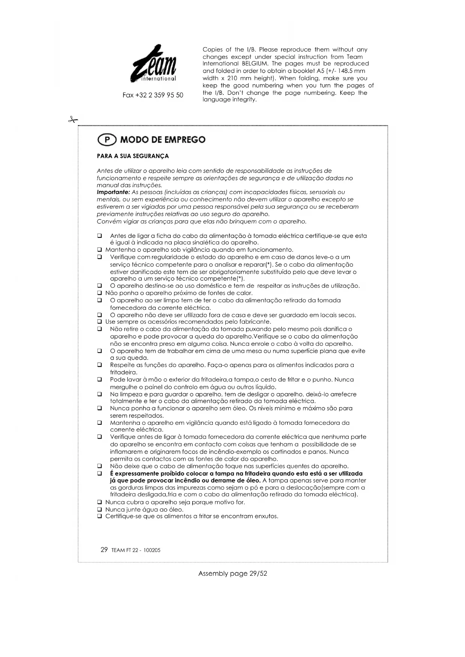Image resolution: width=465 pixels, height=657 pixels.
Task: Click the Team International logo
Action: pos(153,64)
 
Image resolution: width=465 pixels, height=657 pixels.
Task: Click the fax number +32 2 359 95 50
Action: pos(153,95)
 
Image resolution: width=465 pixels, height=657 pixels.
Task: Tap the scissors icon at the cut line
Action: pos(73,120)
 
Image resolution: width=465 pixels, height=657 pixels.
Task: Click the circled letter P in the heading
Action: pos(107,140)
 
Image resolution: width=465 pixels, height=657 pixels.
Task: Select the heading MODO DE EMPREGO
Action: pos(163,140)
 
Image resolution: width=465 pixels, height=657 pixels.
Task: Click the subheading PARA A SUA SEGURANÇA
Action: pos(133,156)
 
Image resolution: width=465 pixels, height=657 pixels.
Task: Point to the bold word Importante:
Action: pos(113,193)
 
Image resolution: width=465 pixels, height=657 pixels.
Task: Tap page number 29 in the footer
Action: pos(104,549)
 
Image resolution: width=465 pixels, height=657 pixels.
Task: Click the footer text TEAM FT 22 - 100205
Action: pos(136,550)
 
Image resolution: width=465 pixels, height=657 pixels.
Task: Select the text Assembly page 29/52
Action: pos(233,573)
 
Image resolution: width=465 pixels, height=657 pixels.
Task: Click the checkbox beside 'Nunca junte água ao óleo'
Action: pos(100,509)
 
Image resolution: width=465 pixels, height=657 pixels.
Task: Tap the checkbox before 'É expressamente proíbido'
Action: pos(100,474)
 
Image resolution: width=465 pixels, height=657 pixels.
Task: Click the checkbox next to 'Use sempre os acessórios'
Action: pos(100,322)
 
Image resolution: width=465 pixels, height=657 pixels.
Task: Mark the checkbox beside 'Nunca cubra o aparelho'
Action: pos(100,502)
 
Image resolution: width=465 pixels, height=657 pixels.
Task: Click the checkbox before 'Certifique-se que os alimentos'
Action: pos(100,517)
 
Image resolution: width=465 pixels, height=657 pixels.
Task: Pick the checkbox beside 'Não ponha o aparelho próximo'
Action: pos(100,293)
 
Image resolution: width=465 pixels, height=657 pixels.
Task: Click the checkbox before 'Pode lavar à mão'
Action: pos(100,380)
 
